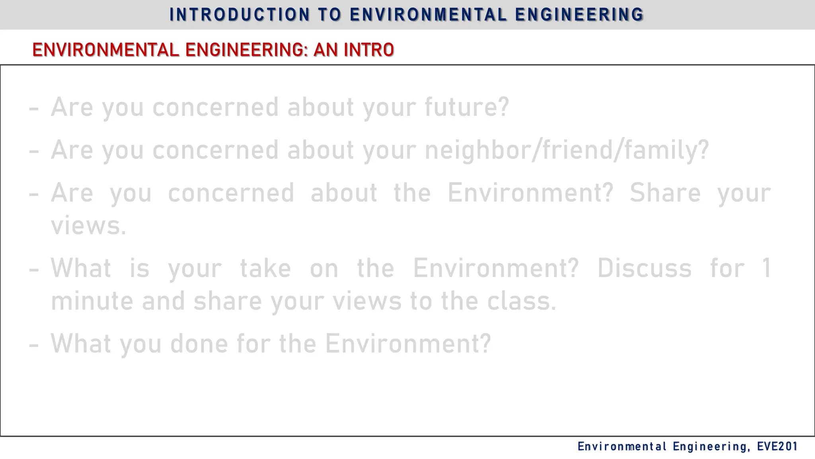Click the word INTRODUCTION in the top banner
(240, 15)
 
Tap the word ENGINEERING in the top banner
(579, 15)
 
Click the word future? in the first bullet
(467, 107)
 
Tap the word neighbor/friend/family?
(567, 150)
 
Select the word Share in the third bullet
(665, 193)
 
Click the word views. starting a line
(88, 226)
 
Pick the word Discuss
(644, 268)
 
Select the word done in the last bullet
(199, 343)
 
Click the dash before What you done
(34, 344)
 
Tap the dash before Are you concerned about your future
(34, 108)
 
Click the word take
(265, 268)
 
